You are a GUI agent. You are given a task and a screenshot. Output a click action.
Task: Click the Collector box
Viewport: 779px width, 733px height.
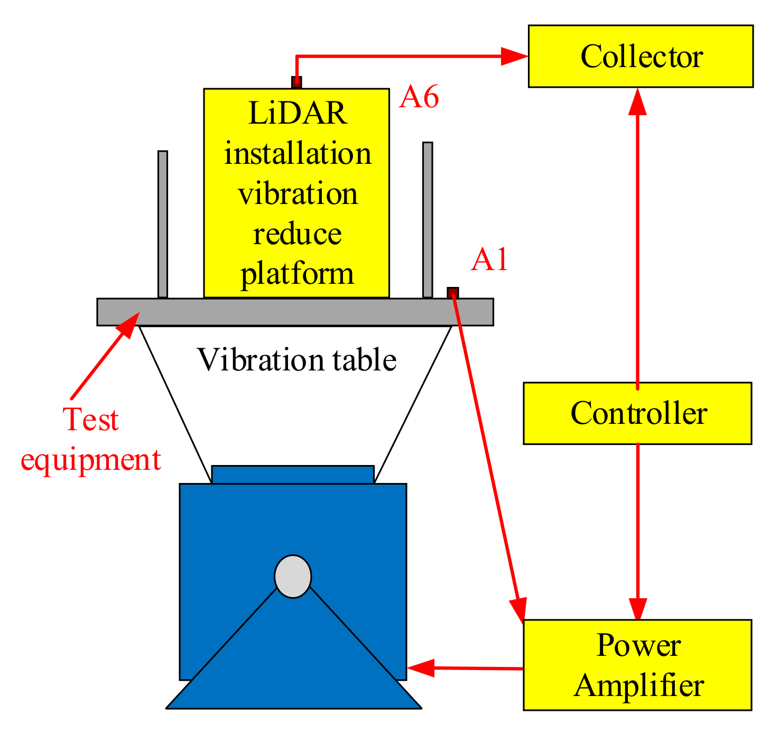click(x=641, y=56)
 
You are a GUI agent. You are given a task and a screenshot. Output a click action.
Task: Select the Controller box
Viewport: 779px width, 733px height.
click(x=637, y=413)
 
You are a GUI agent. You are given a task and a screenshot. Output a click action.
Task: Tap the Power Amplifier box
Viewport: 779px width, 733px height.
click(x=637, y=665)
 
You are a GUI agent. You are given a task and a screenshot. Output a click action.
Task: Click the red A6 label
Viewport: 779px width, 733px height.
click(x=419, y=98)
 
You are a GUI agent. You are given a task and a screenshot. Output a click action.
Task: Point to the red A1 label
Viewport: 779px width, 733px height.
click(x=489, y=260)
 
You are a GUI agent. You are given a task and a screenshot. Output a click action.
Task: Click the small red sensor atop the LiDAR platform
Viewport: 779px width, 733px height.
click(x=296, y=82)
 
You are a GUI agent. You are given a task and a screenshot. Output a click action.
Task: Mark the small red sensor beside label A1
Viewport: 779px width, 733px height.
click(x=453, y=293)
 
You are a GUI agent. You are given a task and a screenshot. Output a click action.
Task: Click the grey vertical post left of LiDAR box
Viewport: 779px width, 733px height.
click(x=163, y=225)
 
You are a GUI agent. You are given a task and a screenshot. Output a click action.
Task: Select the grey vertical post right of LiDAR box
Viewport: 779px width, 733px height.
click(x=428, y=220)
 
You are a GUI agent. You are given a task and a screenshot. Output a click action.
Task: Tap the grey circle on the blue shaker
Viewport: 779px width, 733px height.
click(x=293, y=577)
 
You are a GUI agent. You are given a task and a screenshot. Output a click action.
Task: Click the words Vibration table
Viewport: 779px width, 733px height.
click(x=296, y=360)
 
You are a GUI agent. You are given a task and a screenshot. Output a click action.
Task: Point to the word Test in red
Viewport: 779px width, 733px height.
click(x=90, y=420)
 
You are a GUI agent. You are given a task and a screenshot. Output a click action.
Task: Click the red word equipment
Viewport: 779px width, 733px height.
click(x=90, y=459)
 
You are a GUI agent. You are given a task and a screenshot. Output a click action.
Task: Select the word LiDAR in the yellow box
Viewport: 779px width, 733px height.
click(x=297, y=113)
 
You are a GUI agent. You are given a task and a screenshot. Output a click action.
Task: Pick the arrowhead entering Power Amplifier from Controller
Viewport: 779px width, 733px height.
click(x=638, y=608)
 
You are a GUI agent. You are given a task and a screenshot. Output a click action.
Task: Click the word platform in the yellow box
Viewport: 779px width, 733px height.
click(x=297, y=274)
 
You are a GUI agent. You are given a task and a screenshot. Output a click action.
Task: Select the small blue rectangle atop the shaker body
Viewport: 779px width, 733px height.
click(x=292, y=475)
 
